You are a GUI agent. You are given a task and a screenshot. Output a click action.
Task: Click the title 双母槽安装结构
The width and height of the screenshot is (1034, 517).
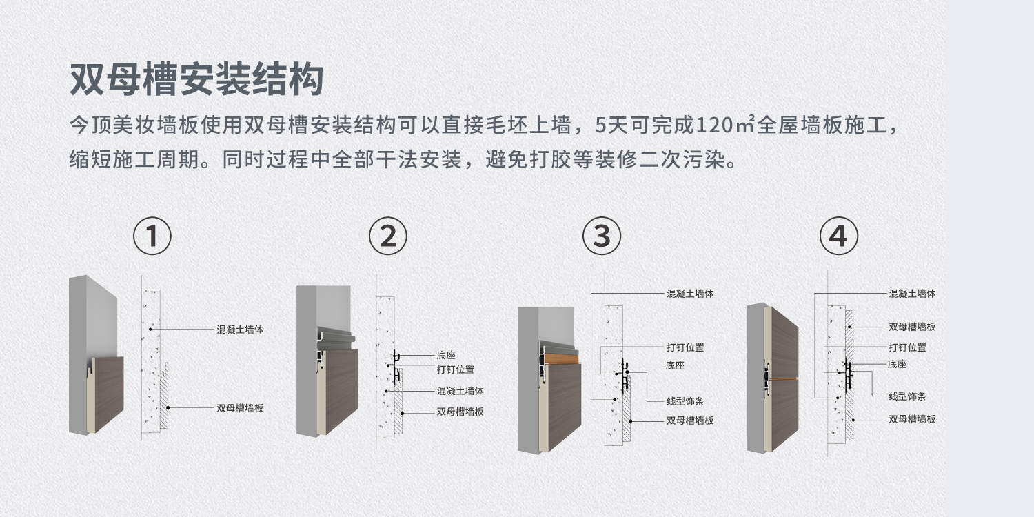[196, 79]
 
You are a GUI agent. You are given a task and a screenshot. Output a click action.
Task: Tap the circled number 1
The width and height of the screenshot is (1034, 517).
[152, 236]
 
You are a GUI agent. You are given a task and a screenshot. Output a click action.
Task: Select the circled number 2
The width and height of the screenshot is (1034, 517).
[388, 236]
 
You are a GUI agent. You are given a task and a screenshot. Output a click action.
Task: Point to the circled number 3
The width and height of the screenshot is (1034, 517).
[602, 236]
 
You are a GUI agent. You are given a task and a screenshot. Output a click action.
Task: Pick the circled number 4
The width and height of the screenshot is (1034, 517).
[839, 236]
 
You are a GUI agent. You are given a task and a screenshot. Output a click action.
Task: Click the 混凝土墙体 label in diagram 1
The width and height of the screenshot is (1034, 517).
[240, 330]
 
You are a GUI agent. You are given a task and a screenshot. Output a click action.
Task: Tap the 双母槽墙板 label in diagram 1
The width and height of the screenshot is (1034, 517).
[240, 408]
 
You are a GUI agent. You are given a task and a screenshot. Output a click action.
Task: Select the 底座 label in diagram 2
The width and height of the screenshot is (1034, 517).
[447, 355]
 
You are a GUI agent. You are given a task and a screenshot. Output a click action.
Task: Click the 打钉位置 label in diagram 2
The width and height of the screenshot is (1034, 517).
[456, 369]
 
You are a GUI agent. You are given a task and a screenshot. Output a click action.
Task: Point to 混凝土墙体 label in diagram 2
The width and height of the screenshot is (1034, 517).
[460, 391]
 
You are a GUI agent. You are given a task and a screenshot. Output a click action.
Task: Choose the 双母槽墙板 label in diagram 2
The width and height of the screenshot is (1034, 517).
[460, 412]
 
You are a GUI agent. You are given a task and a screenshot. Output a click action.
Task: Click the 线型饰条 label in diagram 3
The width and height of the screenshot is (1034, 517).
[685, 401]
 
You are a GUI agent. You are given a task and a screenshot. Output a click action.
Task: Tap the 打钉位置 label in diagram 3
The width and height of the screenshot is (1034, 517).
[685, 347]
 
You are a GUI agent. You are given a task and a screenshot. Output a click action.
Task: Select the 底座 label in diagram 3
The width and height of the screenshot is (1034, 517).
[675, 365]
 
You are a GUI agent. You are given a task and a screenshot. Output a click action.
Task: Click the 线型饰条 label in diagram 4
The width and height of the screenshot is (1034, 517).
[908, 396]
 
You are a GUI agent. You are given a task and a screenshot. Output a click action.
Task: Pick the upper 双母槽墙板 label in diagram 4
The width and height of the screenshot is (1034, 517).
[912, 327]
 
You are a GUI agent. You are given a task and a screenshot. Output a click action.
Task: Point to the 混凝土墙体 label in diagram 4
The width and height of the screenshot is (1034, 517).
[912, 294]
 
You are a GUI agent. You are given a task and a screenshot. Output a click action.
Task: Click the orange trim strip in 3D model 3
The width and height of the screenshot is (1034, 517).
[561, 358]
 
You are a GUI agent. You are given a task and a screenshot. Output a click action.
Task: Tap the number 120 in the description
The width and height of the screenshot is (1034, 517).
[715, 125]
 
